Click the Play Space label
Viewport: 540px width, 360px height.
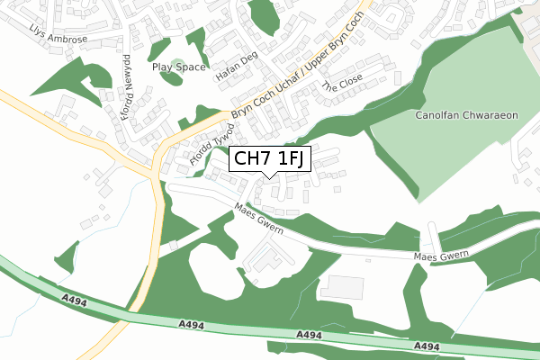pos(179,67)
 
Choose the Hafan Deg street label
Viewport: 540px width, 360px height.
pos(237,67)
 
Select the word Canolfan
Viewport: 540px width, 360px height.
pos(436,115)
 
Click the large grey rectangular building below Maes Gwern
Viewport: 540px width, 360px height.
pos(342,288)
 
